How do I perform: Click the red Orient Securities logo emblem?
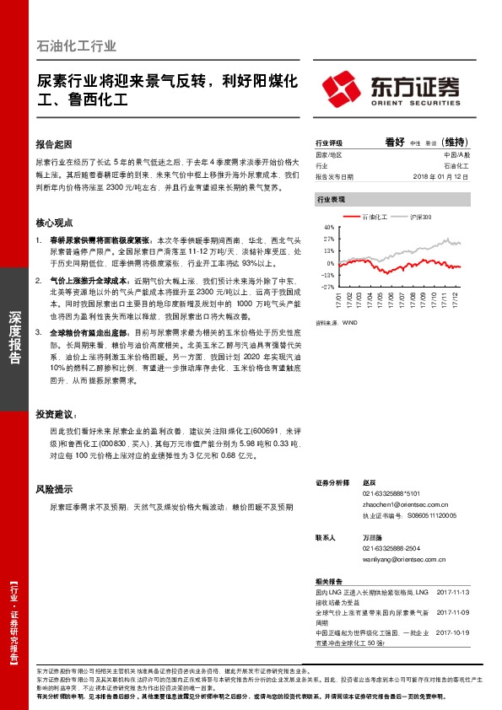pos(345,87)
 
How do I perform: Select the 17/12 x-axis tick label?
pos(456,299)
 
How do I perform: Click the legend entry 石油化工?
pos(372,217)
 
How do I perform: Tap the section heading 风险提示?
pos(54,488)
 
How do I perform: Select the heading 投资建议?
pos(56,415)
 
